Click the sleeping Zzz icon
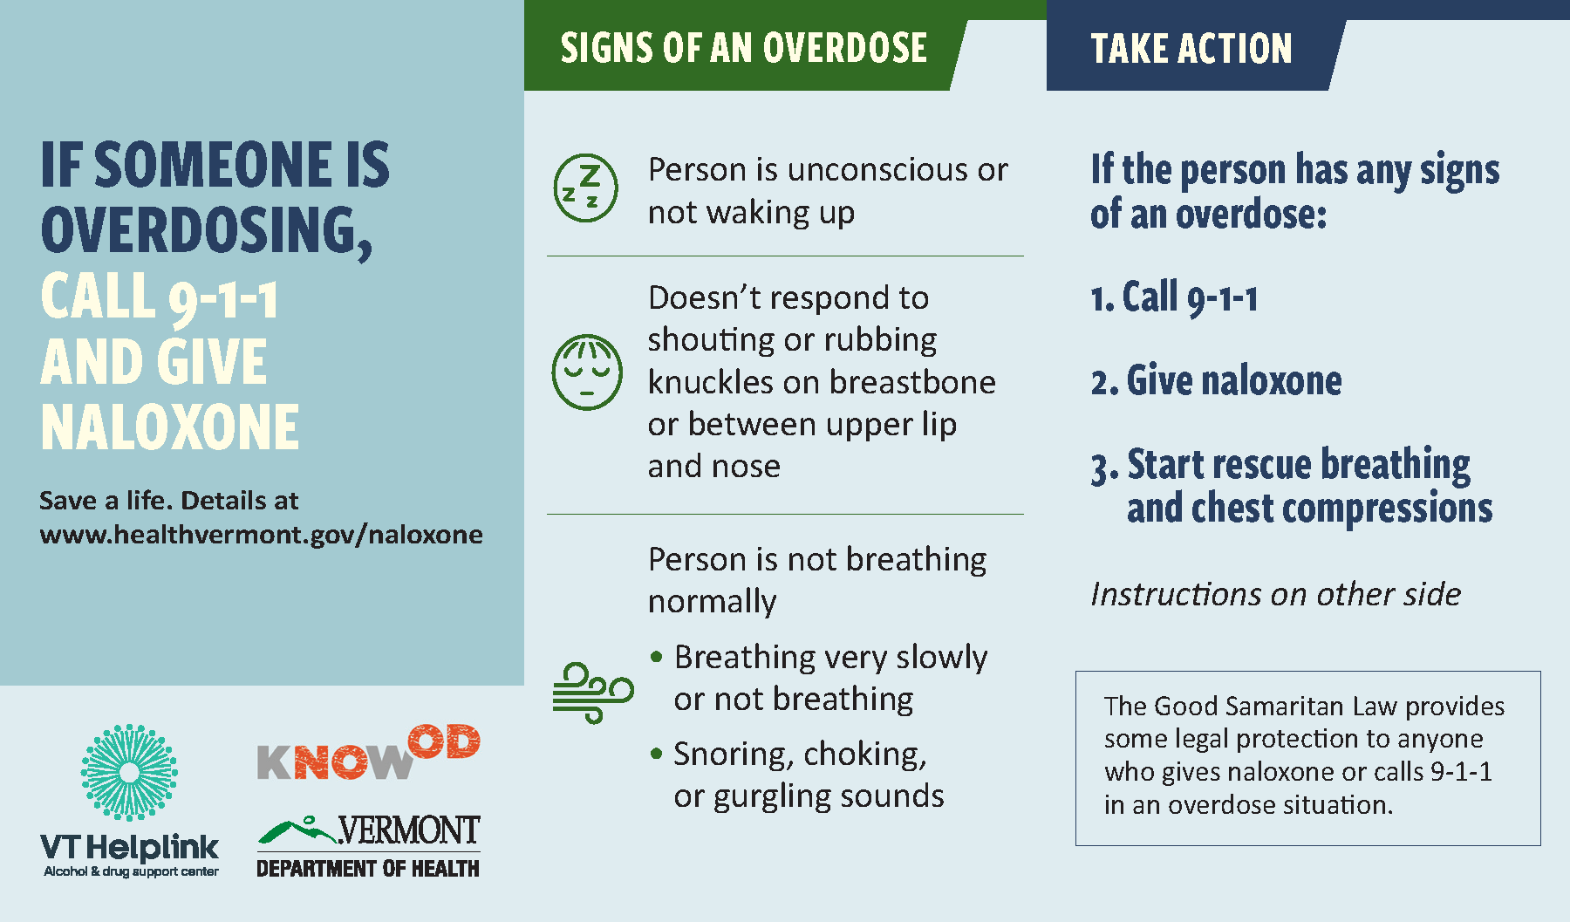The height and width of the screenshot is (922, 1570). coord(585,188)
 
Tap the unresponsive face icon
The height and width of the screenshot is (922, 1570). coord(587,372)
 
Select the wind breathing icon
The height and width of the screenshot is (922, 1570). coord(592,693)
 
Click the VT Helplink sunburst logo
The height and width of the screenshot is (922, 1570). coord(129,772)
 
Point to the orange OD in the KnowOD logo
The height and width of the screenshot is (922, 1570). coord(445,741)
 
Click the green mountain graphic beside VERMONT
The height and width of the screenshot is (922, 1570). coord(297,831)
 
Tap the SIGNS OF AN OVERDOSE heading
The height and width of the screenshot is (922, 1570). coord(743,48)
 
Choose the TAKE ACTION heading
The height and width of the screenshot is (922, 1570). coord(1191,48)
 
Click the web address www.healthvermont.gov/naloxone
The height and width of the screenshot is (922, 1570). coord(261,534)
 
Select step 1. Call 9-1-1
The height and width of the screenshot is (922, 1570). coord(1174,298)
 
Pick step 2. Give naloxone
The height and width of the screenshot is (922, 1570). coord(1216,381)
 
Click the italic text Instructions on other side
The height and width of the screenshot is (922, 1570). coord(1275,594)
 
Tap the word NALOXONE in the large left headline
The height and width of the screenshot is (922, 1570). coord(170,427)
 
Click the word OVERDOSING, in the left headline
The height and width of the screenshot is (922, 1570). coord(207,231)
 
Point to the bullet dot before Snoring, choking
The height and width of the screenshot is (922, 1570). coord(657,753)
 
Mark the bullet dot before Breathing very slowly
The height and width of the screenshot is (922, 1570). coord(657,656)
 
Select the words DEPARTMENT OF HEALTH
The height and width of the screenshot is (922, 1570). coord(368,869)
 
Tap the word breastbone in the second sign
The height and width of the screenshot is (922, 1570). coord(912,382)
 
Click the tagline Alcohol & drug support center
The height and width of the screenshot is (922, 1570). coord(131,871)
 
